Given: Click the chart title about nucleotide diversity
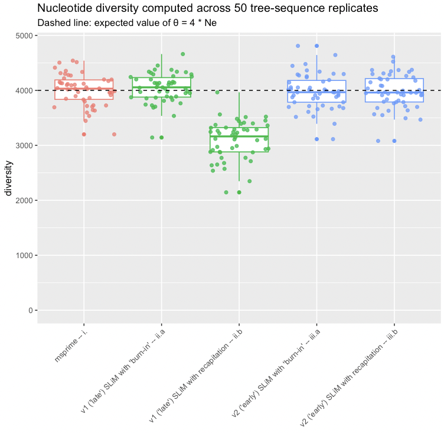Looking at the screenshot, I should (207, 8).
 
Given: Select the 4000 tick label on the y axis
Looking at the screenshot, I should (24, 91).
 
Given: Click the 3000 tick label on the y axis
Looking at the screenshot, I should (24, 146).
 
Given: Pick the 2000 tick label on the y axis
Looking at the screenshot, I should (24, 201).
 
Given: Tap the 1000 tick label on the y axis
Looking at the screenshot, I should (24, 256).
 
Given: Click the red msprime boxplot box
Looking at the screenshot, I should (84, 90).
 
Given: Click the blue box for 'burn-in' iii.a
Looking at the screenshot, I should (316, 92).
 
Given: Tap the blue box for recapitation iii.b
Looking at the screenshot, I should (394, 90).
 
